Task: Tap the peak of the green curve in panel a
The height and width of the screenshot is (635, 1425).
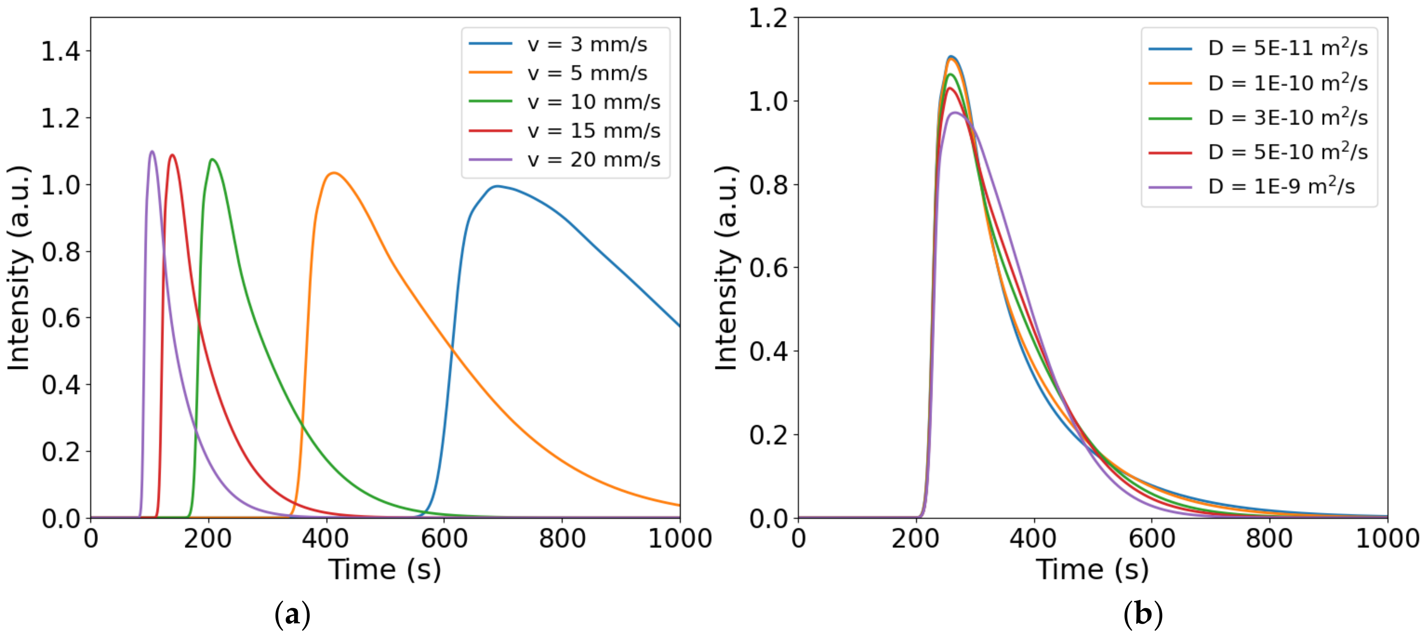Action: tap(212, 160)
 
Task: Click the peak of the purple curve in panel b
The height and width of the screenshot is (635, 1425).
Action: tap(955, 113)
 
